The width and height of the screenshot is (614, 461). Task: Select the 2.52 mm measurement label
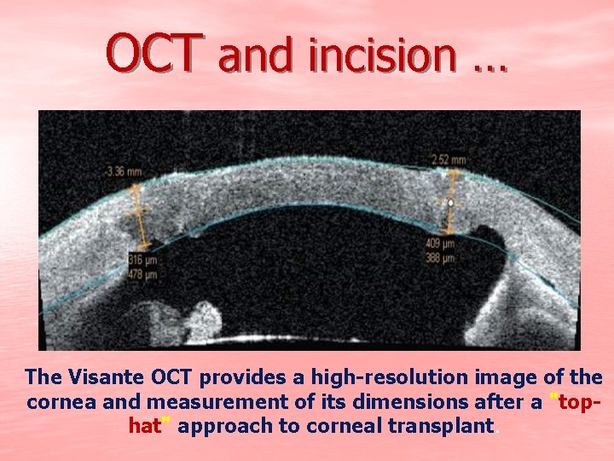[449, 160]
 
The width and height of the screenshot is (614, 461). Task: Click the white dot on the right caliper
[451, 203]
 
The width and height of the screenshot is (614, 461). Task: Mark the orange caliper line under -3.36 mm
[136, 213]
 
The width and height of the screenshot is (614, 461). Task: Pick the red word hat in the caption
[145, 424]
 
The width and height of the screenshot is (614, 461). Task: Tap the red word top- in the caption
[580, 400]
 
